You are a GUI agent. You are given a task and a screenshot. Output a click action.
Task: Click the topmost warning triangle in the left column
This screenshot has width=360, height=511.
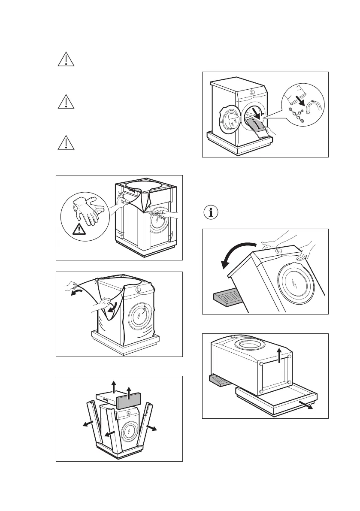point(66,60)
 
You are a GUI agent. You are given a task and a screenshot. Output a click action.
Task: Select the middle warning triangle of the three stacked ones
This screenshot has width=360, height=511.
point(66,101)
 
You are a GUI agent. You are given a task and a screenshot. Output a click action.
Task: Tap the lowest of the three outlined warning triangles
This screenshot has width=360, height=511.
point(66,143)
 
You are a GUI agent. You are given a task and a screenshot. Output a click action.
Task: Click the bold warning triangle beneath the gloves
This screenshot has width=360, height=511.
point(79,230)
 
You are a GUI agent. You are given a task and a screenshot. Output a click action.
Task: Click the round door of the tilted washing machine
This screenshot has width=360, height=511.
point(296,283)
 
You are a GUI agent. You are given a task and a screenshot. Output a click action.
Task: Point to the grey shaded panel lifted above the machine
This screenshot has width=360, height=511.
point(129,402)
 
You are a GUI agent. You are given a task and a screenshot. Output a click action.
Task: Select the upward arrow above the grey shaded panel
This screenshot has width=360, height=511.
point(130,389)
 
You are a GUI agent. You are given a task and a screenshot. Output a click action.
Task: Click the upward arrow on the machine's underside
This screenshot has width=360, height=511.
point(279,356)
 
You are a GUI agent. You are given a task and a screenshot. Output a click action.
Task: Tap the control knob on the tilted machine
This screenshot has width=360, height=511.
point(279,251)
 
